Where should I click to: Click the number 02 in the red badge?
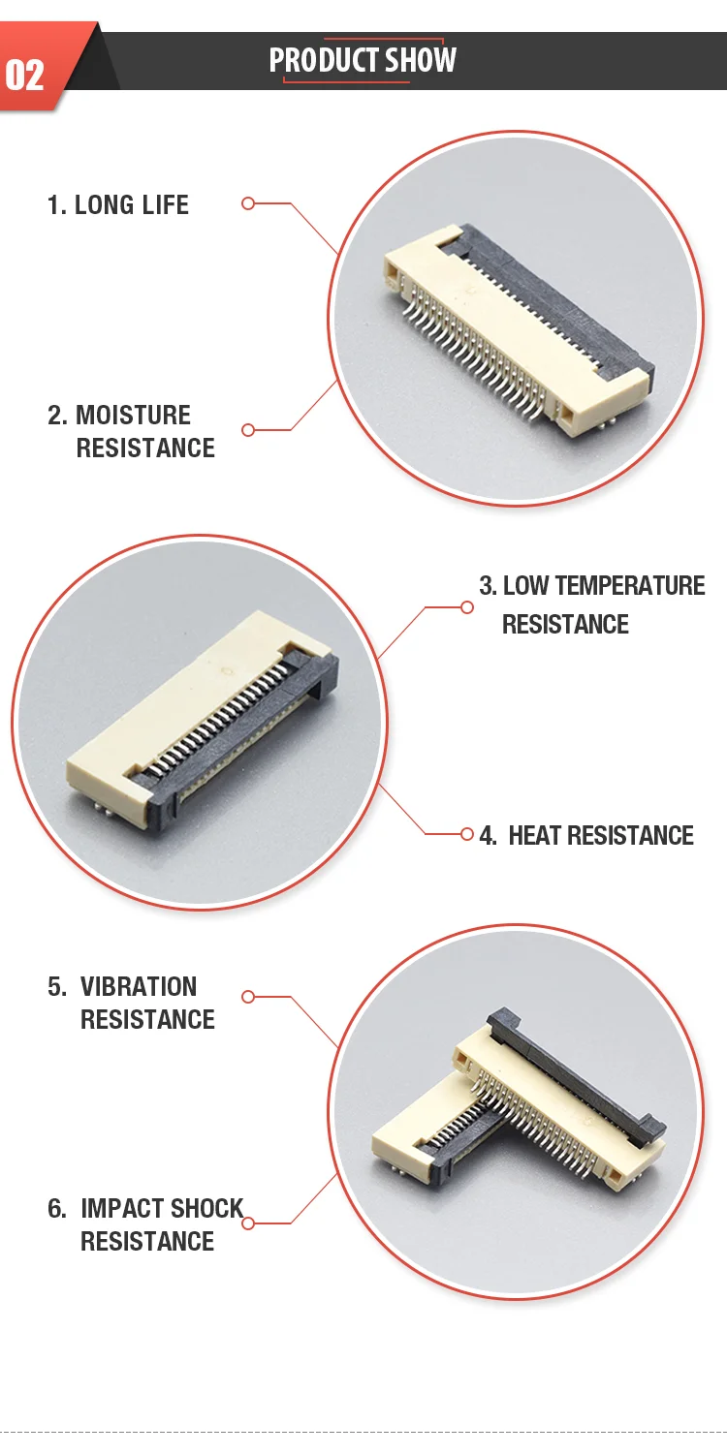[x=25, y=75]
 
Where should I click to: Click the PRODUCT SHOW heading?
[x=363, y=60]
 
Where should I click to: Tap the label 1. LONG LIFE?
[x=118, y=204]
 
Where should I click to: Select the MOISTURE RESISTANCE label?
[x=133, y=431]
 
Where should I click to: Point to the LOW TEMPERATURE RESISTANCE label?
[x=591, y=604]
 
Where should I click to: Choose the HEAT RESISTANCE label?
[x=587, y=835]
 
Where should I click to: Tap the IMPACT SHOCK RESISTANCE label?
[x=146, y=1224]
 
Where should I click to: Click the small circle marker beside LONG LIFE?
[x=247, y=203]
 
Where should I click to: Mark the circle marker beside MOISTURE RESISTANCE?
[x=247, y=430]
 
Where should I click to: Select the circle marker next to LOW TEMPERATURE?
[x=467, y=607]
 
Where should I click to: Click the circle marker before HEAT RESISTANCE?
[x=467, y=834]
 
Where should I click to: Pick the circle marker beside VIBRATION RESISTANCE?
[x=247, y=997]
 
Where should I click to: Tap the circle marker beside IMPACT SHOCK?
[x=247, y=1223]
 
